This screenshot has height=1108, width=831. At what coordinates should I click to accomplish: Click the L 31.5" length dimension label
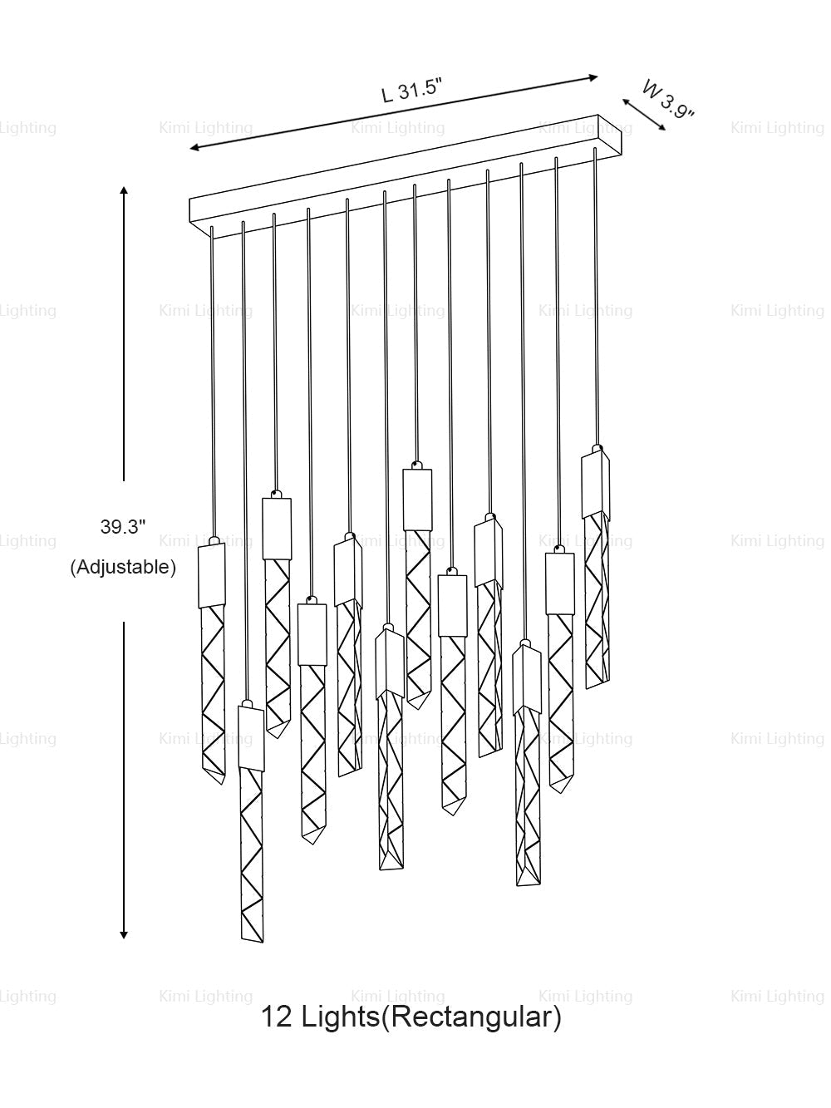click(412, 91)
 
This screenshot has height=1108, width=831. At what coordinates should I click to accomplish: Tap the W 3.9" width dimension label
click(668, 100)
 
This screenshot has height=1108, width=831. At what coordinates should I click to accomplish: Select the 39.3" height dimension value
click(123, 527)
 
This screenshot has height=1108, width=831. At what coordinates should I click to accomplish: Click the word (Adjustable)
click(123, 568)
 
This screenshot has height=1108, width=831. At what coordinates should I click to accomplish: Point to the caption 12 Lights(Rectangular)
click(411, 1017)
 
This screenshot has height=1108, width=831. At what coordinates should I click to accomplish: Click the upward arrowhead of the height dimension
click(124, 192)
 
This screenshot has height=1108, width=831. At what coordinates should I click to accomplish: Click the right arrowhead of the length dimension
click(593, 78)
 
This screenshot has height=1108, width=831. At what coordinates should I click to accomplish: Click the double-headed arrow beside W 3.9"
click(644, 114)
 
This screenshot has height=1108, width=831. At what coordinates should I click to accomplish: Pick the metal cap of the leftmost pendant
click(212, 575)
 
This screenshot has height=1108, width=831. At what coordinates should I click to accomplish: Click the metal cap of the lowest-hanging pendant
click(251, 738)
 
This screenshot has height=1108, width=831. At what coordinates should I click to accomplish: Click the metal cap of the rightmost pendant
click(596, 485)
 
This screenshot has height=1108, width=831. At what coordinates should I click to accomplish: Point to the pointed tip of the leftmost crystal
click(222, 783)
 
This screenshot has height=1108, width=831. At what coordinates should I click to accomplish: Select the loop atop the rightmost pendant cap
click(597, 448)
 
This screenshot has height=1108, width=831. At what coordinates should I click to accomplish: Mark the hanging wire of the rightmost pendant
click(597, 297)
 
